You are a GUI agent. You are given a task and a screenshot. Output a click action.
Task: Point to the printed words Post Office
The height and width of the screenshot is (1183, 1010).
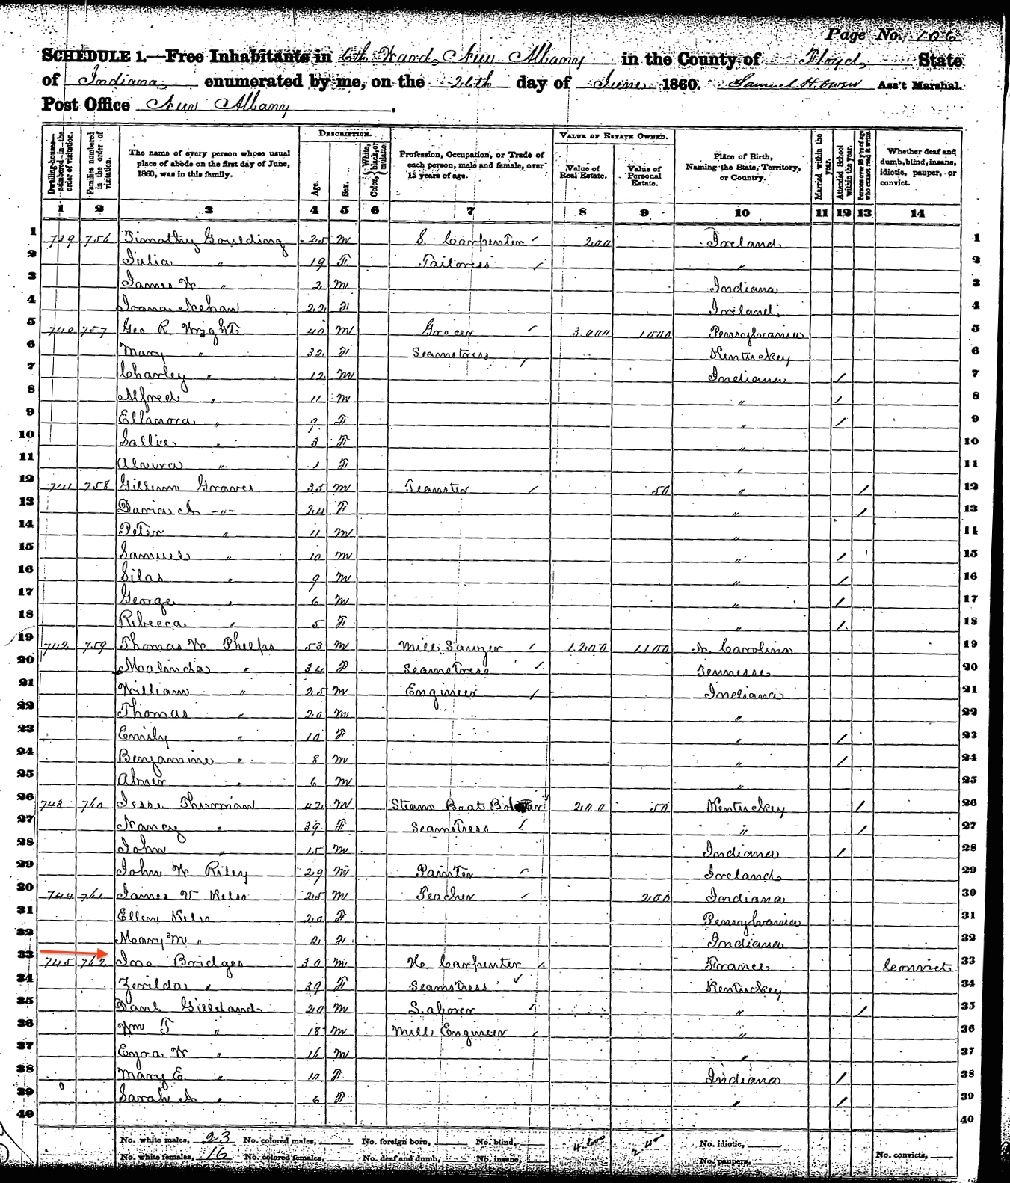click(86, 105)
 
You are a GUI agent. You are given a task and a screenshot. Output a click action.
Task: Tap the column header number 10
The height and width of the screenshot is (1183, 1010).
click(742, 212)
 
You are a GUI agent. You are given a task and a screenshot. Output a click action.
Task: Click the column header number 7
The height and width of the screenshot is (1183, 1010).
click(470, 212)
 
